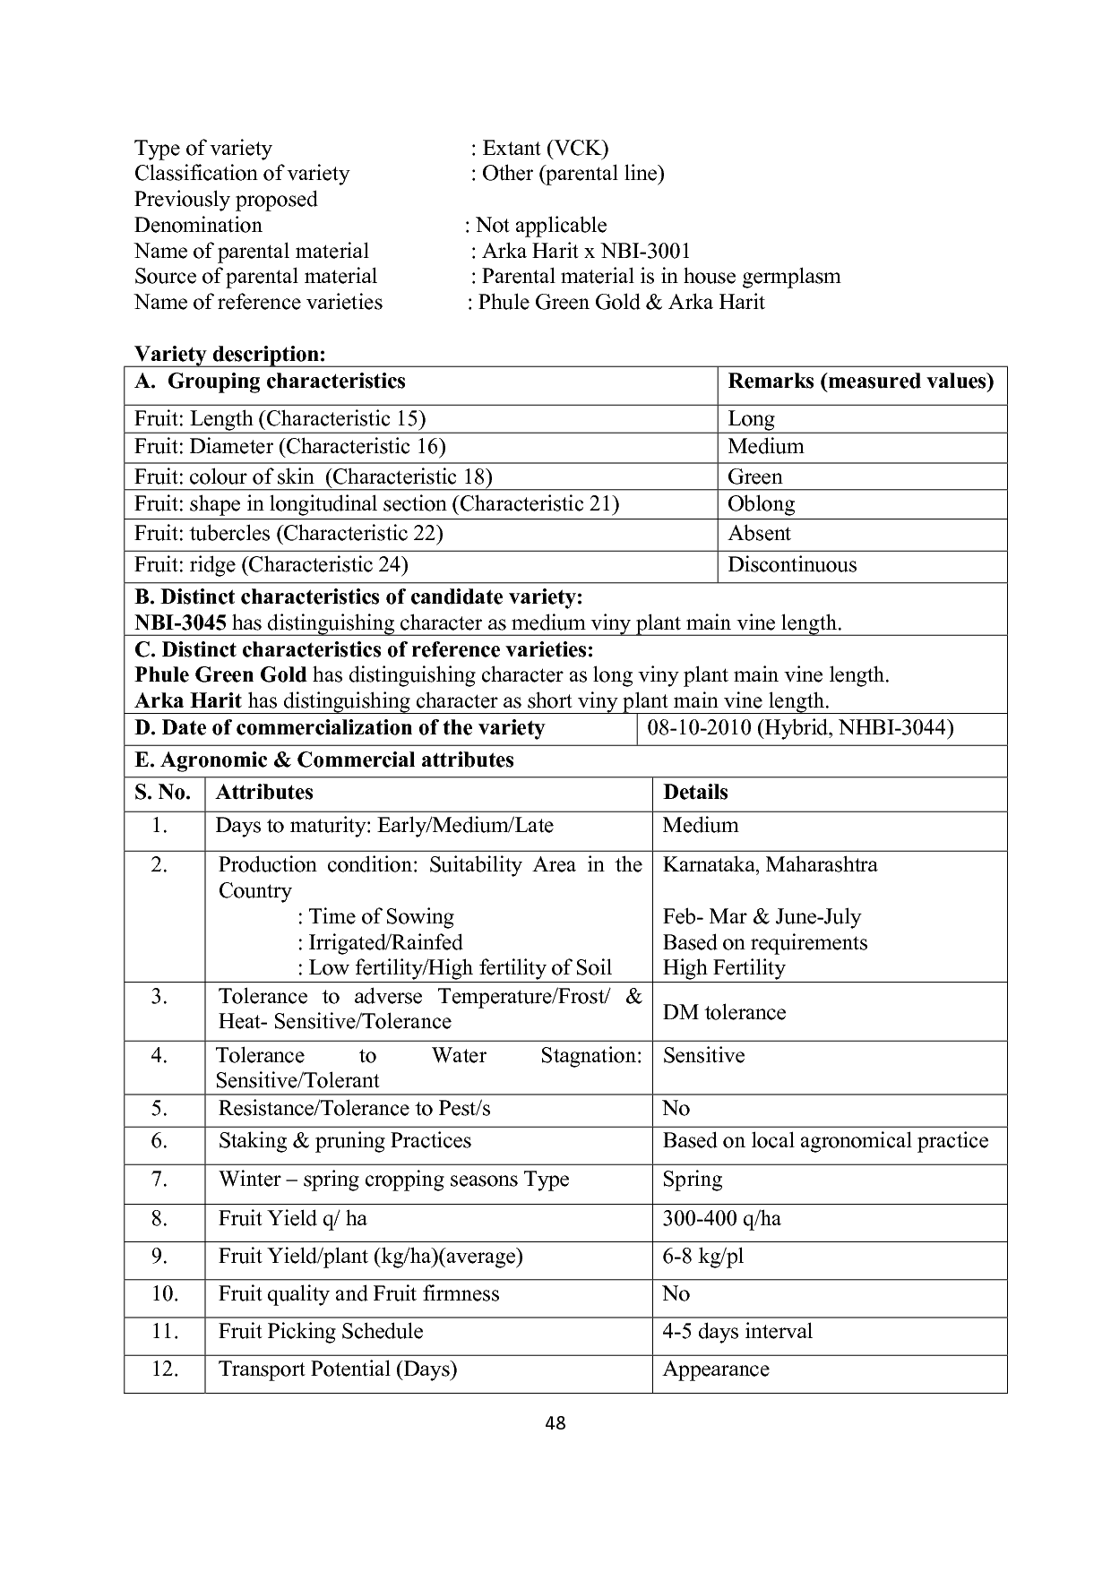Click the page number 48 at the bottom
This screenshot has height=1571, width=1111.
(555, 1423)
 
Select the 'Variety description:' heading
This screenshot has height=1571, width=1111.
(229, 355)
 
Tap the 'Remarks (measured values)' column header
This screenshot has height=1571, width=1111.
(860, 382)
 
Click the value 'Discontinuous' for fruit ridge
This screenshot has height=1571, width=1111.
(792, 565)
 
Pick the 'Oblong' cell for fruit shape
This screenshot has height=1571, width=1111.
(761, 504)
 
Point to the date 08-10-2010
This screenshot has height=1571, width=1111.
(699, 727)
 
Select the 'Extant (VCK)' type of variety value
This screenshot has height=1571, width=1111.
(545, 148)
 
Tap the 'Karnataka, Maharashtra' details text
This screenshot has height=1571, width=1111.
(770, 865)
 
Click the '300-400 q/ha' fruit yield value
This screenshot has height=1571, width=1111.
(721, 1219)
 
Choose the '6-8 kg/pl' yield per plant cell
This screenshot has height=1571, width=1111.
(702, 1257)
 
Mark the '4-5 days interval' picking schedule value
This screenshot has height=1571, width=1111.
(736, 1332)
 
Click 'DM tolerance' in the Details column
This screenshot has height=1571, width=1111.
(724, 1013)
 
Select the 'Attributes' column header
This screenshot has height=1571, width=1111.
(264, 793)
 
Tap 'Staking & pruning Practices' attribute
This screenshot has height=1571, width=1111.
(344, 1141)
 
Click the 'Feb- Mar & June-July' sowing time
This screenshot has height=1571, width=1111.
(762, 917)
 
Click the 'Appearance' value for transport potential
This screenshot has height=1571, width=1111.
(715, 1369)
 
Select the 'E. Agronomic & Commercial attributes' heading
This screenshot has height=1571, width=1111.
(324, 760)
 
